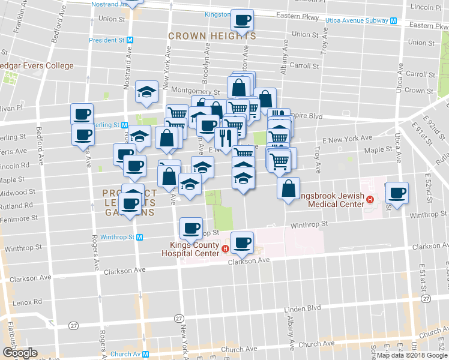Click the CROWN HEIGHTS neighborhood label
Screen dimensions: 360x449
[212, 36]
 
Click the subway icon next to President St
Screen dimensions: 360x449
[130, 41]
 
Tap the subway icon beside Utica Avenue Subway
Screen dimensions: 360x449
[394, 20]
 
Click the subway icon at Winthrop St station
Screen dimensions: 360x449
[139, 237]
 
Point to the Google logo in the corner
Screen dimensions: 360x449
[19, 353]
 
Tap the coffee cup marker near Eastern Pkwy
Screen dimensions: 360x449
[243, 20]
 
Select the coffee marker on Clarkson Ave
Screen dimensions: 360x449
[243, 243]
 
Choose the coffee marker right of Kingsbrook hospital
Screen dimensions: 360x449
[397, 193]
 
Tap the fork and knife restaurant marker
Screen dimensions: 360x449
[226, 138]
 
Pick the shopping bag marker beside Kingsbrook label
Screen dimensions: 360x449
[289, 188]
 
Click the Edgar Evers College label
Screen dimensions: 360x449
[37, 66]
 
